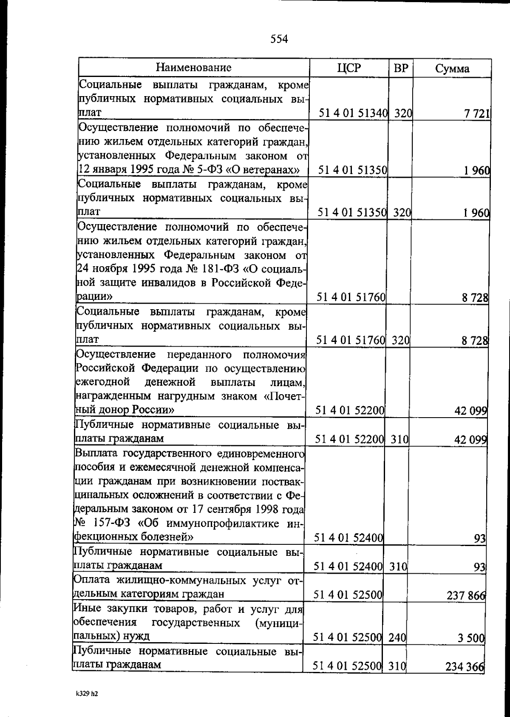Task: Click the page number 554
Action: click(279, 39)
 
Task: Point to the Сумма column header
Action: click(452, 69)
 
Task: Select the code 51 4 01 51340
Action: click(354, 114)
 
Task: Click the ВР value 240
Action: click(397, 638)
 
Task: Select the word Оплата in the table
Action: click(91, 580)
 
